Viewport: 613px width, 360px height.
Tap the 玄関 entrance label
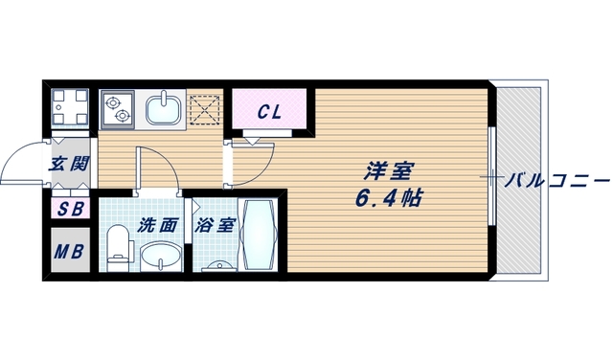[69, 163]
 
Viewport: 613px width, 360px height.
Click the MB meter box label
[68, 253]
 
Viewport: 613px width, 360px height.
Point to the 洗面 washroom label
[158, 227]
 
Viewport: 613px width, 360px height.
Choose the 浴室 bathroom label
[215, 227]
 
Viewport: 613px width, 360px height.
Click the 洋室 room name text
[388, 173]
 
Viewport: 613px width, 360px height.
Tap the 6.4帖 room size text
[388, 201]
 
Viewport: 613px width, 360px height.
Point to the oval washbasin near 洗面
[162, 257]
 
